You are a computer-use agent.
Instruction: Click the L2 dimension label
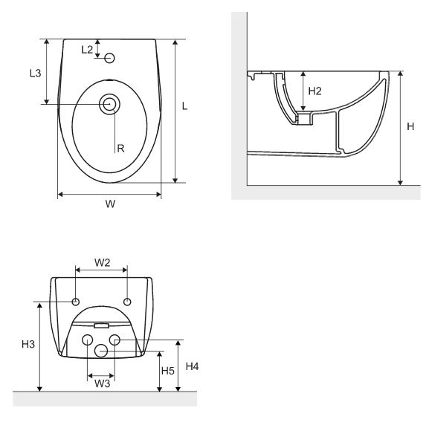(x=87, y=50)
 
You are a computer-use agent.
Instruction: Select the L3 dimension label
(x=35, y=73)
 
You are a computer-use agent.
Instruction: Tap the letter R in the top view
(x=120, y=149)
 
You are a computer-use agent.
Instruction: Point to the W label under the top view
(x=110, y=204)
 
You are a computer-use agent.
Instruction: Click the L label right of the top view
(x=184, y=106)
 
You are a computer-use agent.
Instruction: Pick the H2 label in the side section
(x=315, y=91)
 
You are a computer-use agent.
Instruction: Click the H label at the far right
(x=410, y=126)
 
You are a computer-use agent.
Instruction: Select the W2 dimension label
(x=102, y=263)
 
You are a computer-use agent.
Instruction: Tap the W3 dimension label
(x=102, y=383)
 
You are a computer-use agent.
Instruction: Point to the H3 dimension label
(x=28, y=344)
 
